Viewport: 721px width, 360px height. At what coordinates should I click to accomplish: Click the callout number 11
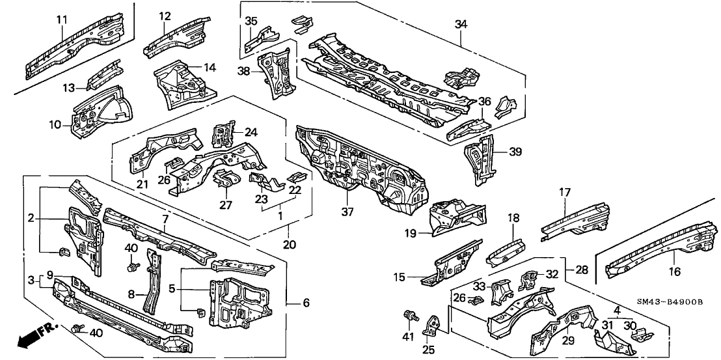[x=62, y=20]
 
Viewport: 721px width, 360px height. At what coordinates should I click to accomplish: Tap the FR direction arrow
[x=36, y=334]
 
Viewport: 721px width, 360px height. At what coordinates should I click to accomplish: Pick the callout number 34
[x=461, y=24]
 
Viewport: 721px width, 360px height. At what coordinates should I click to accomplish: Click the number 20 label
[x=289, y=245]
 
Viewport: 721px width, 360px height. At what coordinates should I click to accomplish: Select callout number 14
[x=210, y=67]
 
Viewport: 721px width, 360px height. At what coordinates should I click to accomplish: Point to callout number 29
[x=567, y=340]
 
